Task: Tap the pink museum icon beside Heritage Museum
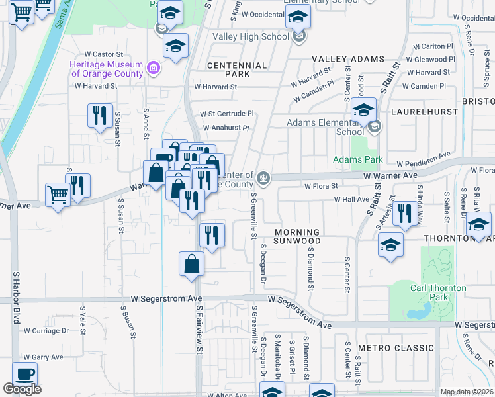pos(154,67)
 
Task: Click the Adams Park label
pos(358,159)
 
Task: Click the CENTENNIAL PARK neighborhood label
pos(237,71)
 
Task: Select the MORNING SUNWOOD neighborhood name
pos(297,236)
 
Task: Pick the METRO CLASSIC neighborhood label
pos(396,348)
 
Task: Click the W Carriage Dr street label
pos(46,330)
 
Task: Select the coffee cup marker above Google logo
pos(24,374)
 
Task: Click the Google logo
pos(22,389)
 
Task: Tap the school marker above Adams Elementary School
pos(363,110)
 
